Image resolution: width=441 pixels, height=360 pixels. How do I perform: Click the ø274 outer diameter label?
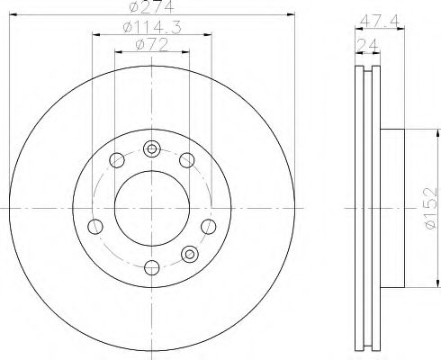(x=151, y=8)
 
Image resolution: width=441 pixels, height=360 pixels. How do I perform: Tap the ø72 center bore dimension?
(x=150, y=45)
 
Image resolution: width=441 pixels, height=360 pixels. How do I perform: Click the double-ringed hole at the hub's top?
(x=151, y=148)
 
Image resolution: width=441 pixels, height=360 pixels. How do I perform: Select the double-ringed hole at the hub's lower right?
(x=189, y=254)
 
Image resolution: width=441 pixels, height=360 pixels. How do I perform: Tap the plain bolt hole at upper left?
(x=115, y=162)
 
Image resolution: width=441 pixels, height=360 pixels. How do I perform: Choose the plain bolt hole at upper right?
(x=186, y=161)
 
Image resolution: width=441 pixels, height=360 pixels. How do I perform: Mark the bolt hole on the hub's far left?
(x=94, y=225)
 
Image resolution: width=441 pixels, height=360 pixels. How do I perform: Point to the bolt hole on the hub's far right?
(x=208, y=225)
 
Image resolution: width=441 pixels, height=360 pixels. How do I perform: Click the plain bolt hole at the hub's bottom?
(x=150, y=265)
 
